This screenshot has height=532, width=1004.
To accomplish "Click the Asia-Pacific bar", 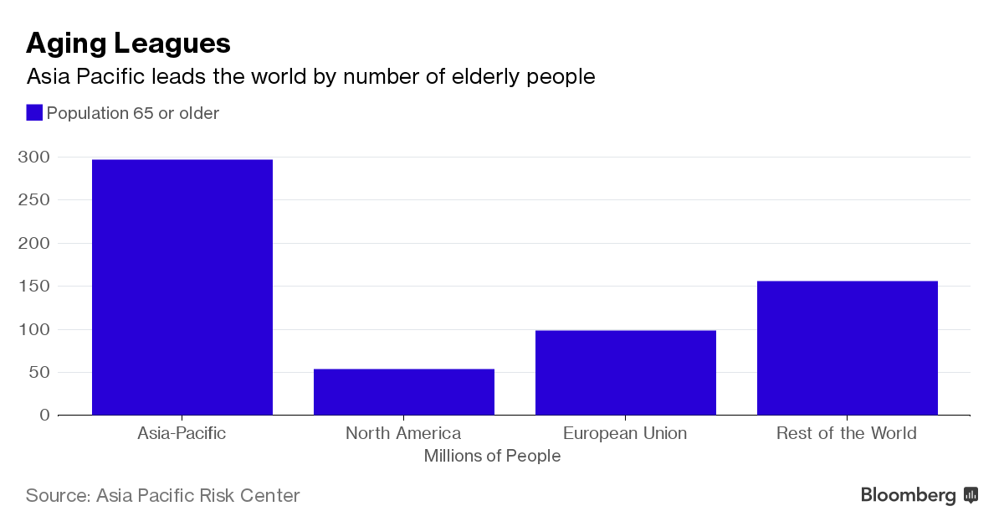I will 182,287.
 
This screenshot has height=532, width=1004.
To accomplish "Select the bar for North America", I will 404,392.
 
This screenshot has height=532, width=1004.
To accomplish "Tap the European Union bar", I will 626,373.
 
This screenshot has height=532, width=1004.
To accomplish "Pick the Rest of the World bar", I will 848,348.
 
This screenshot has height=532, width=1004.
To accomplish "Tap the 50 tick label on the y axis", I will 38,373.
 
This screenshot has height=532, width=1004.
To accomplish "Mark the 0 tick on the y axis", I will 44,416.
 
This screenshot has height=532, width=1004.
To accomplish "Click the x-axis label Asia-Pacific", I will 182,434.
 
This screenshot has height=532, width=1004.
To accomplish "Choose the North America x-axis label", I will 403,434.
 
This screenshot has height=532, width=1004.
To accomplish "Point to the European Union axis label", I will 625,434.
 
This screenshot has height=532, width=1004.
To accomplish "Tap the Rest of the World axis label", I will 847,434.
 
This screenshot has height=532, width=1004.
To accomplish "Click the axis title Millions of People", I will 492,457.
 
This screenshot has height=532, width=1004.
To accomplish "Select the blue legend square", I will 34,113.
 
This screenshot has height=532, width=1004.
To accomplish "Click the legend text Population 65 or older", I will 133,113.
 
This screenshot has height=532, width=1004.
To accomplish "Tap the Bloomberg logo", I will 919,495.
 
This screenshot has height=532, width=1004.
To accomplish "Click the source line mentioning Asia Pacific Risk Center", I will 162,495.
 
